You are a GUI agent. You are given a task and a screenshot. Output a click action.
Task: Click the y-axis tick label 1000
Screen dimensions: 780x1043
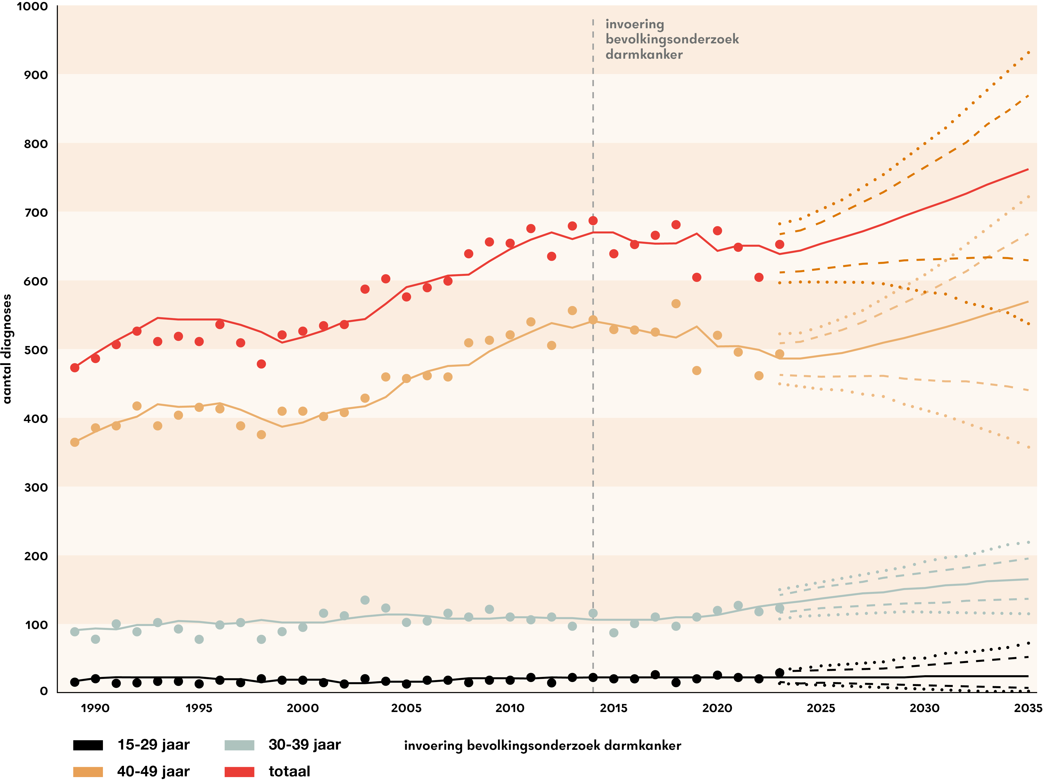tap(32, 7)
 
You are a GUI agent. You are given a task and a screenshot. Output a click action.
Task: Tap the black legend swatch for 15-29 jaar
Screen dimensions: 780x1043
tap(88, 745)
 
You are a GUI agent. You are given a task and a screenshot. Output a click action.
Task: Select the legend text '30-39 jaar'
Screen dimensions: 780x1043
tap(305, 745)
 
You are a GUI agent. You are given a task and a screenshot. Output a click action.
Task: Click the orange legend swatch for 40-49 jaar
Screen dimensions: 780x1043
tap(88, 771)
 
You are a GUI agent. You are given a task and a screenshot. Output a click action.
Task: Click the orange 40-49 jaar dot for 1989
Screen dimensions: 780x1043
tap(74, 442)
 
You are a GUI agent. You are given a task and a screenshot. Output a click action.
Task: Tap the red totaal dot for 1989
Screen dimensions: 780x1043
tap(74, 368)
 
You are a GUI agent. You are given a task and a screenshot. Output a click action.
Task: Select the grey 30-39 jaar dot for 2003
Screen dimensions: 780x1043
tap(365, 600)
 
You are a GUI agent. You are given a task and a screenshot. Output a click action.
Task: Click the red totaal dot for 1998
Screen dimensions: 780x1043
tap(261, 364)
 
